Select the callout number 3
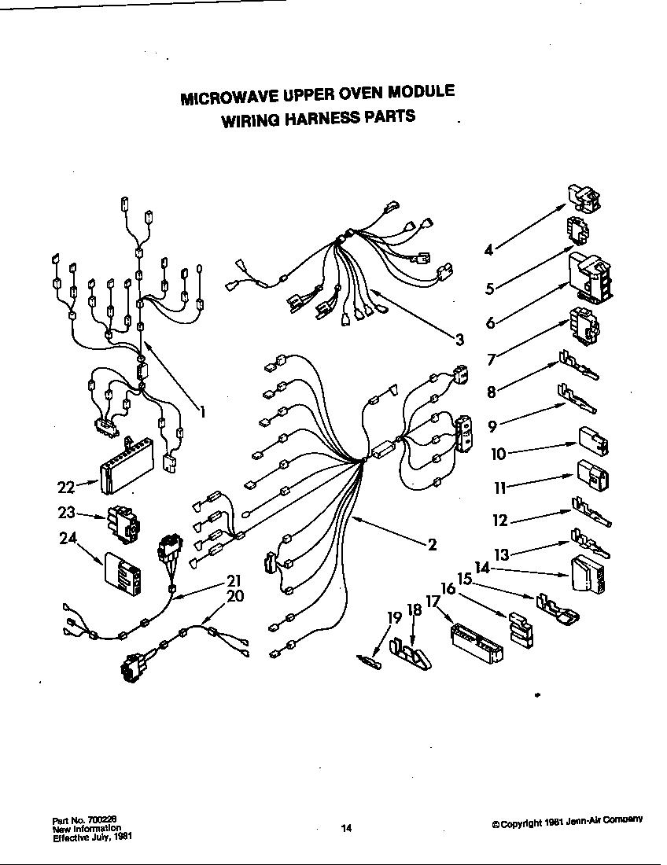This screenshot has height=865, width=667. (459, 340)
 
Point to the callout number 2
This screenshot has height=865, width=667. (432, 544)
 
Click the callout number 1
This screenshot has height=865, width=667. (202, 410)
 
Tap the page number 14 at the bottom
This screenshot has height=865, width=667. (346, 827)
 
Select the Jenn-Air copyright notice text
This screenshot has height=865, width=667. (567, 821)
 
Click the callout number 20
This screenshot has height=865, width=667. (234, 595)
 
